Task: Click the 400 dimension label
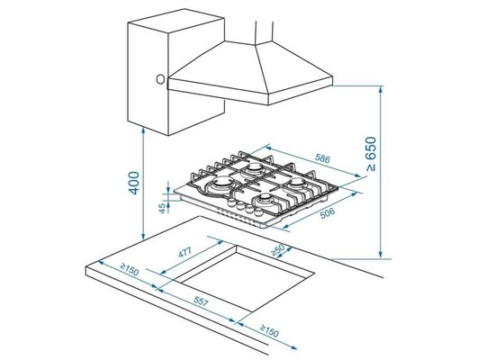tap(134, 183)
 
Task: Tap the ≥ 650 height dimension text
tap(371, 154)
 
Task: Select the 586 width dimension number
tap(322, 158)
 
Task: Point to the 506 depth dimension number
tap(328, 213)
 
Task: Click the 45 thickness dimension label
tap(163, 208)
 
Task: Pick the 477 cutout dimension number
tap(185, 252)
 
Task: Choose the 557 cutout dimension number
tap(201, 301)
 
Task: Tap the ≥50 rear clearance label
tap(278, 250)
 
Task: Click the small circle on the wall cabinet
tap(160, 79)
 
